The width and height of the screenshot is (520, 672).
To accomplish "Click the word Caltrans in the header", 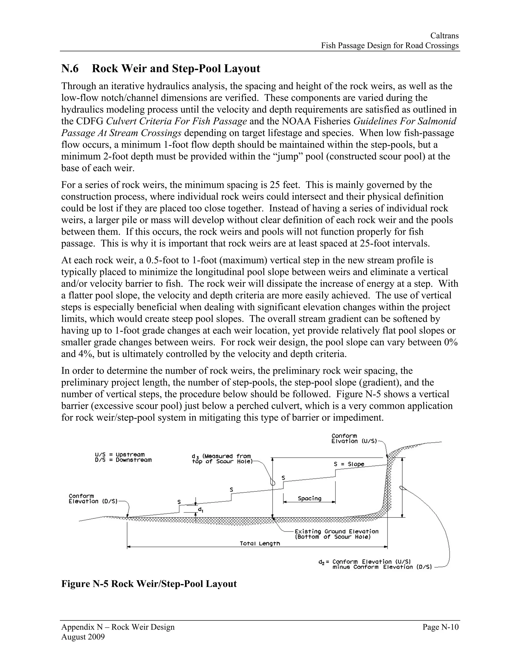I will [444, 36].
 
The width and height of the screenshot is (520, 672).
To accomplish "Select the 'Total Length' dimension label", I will [260, 543].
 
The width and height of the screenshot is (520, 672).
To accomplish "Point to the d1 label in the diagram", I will [200, 510].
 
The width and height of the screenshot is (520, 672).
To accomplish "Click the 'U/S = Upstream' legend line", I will [120, 454].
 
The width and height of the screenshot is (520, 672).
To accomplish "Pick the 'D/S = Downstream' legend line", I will [123, 460].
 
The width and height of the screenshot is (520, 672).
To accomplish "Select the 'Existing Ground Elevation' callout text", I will [336, 531].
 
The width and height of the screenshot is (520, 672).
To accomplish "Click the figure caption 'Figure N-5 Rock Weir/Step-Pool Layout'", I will [149, 584].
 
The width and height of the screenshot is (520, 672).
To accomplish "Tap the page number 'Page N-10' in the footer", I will [441, 627].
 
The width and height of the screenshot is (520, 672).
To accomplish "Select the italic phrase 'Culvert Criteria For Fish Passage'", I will [176, 121].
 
